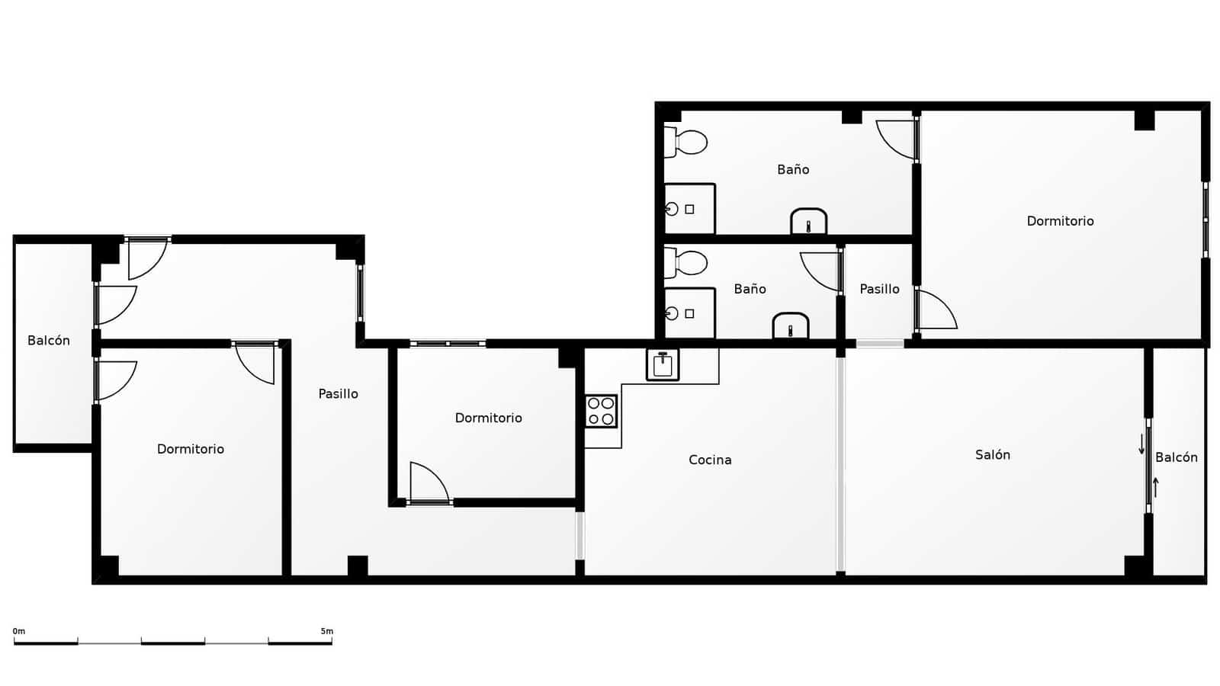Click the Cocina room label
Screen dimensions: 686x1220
click(x=710, y=460)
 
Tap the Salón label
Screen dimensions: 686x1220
click(x=993, y=455)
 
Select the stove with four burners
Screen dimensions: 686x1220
click(x=601, y=411)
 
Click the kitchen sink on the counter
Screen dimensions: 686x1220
click(x=663, y=364)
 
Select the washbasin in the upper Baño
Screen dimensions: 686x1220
click(x=808, y=222)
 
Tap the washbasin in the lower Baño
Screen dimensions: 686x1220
click(x=791, y=325)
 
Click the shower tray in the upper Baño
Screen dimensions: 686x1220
click(x=689, y=209)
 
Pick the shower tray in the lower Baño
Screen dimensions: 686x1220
click(x=689, y=313)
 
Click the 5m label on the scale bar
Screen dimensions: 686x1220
click(x=326, y=631)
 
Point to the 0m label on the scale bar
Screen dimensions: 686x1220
click(x=19, y=631)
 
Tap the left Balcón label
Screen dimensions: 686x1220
click(x=49, y=341)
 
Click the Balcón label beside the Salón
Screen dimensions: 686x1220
click(x=1176, y=457)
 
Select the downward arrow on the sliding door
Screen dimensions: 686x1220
click(x=1141, y=444)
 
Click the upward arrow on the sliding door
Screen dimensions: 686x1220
click(x=1156, y=486)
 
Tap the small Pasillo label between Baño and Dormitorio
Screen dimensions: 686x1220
click(x=879, y=289)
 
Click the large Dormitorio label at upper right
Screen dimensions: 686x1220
click(x=1060, y=221)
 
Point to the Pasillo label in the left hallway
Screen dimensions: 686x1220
click(x=338, y=394)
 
